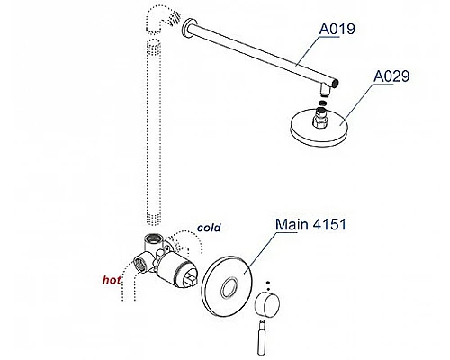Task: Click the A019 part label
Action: [x=337, y=29]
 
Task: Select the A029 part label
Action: [x=391, y=76]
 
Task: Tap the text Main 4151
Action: [x=310, y=224]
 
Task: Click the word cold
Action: [x=209, y=228]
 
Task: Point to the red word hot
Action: [x=112, y=280]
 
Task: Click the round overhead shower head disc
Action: [x=321, y=127]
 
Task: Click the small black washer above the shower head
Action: [x=322, y=103]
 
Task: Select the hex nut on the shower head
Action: [x=319, y=120]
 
